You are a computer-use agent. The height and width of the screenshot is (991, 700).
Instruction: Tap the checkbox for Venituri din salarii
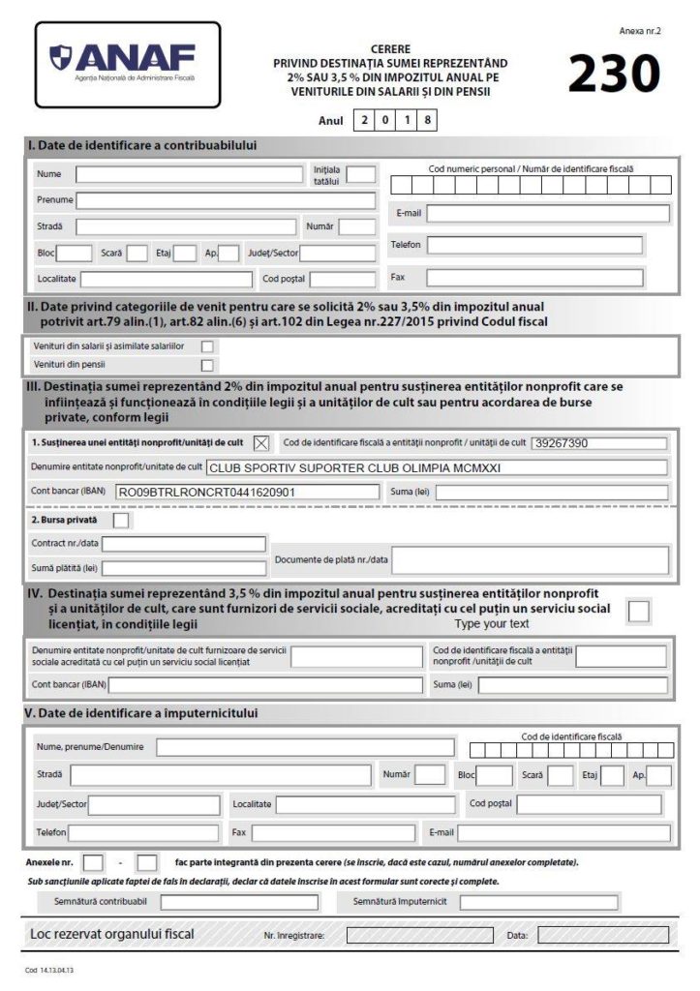click(x=206, y=346)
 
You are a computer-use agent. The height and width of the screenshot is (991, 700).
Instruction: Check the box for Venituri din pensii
click(x=206, y=365)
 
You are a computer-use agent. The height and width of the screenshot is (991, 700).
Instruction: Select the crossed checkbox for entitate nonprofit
click(x=260, y=443)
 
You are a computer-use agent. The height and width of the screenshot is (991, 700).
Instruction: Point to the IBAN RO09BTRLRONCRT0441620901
click(x=205, y=492)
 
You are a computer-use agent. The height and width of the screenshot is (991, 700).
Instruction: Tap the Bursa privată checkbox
click(x=121, y=521)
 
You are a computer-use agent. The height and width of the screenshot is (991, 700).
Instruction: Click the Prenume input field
click(x=225, y=200)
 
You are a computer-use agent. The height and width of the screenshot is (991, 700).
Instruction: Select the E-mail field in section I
click(x=547, y=213)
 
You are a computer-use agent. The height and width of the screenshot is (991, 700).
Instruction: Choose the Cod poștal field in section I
click(x=342, y=280)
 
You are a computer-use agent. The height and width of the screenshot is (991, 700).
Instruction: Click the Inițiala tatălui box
click(x=361, y=175)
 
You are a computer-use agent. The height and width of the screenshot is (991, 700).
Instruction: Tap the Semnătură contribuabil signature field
click(x=238, y=902)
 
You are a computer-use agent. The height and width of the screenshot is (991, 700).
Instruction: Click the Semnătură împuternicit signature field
click(x=538, y=902)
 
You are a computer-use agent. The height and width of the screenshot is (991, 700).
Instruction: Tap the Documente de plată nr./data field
click(x=529, y=560)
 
